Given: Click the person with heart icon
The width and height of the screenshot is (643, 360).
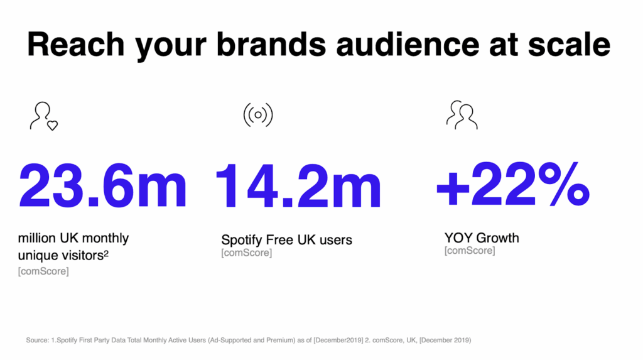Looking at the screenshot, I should tap(43, 116).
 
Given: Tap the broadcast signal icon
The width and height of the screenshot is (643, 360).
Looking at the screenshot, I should tap(257, 115).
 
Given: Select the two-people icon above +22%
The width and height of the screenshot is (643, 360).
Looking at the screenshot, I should tap(462, 115).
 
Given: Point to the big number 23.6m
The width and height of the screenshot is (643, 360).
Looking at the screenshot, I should tap(103, 187).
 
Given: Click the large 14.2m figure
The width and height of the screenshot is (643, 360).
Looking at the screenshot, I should tap(298, 187).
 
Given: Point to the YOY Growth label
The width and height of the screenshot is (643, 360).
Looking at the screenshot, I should tap(482, 238).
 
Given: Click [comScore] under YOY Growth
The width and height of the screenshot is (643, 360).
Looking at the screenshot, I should tap(469, 251).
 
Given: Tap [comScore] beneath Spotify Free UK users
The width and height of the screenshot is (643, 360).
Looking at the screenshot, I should tap(246, 253).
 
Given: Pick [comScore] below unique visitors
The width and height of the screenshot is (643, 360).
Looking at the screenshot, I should tap(43, 271).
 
